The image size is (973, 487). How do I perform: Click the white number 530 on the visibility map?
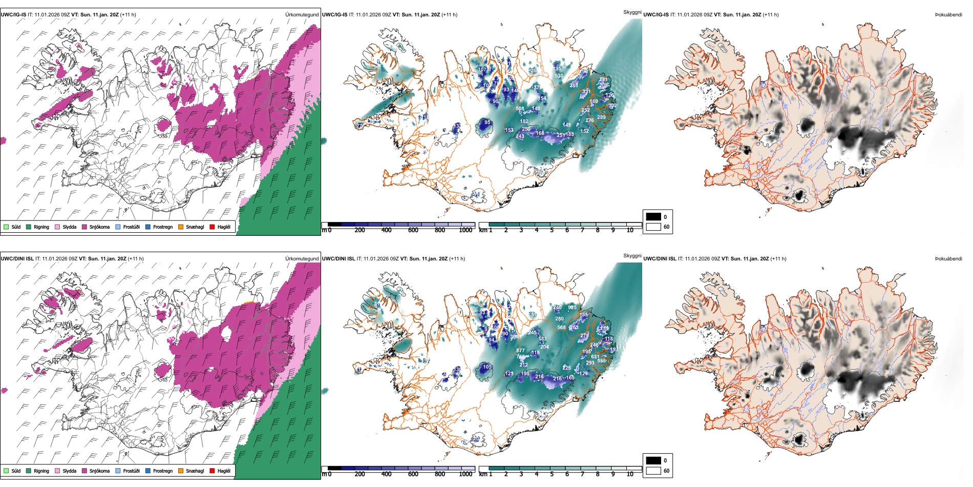(559, 76)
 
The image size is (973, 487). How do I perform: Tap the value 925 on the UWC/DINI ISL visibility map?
(572, 308)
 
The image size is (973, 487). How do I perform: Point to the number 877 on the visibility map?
(520, 351)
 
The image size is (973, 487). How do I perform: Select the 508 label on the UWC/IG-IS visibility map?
(520, 109)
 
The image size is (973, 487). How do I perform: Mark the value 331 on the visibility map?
(586, 92)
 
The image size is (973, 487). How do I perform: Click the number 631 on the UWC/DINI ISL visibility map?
(595, 357)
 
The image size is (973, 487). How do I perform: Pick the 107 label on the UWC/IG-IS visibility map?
(482, 70)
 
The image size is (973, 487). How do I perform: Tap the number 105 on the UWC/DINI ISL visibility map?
(487, 367)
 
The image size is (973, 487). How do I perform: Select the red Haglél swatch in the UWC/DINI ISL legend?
(212, 471)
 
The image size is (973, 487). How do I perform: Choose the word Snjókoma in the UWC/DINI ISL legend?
(99, 471)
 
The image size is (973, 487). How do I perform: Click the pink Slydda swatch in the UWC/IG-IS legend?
(57, 227)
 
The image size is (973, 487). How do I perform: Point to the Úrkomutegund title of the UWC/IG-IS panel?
(302, 14)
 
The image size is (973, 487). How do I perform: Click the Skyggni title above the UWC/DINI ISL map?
(632, 256)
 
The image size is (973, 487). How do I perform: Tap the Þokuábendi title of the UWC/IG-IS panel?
(948, 14)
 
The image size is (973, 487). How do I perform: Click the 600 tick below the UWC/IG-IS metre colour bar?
(413, 230)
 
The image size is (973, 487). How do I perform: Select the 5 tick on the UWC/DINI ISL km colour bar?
(552, 474)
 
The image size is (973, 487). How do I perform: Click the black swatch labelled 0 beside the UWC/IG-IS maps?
(653, 217)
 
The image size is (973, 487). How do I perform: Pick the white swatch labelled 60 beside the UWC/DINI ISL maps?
(653, 471)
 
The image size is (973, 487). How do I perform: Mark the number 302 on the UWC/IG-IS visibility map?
(612, 106)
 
